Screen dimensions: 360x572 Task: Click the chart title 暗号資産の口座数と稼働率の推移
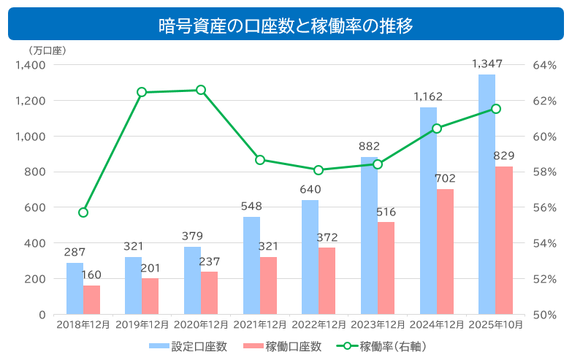click(286, 26)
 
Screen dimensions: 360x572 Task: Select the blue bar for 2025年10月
click(487, 194)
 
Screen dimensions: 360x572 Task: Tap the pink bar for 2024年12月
click(445, 251)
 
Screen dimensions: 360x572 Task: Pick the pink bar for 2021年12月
click(268, 286)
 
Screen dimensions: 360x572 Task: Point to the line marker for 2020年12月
click(201, 90)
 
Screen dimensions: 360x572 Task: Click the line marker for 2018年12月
click(83, 212)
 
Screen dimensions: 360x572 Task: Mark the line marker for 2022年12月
click(319, 170)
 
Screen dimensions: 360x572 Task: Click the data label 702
click(445, 179)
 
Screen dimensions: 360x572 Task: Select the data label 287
click(75, 253)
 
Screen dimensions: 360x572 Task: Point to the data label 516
click(386, 212)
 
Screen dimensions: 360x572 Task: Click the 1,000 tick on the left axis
click(31, 137)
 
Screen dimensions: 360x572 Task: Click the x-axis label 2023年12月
click(377, 325)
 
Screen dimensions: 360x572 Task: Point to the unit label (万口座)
click(47, 51)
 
